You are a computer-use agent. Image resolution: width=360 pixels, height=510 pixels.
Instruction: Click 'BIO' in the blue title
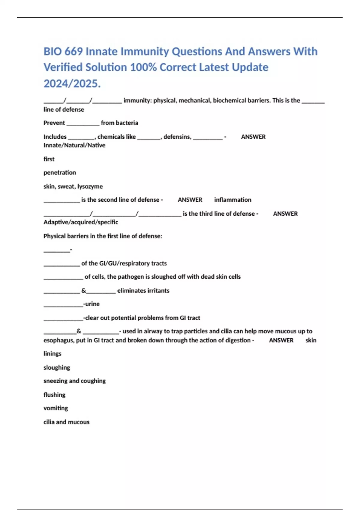(x=53, y=52)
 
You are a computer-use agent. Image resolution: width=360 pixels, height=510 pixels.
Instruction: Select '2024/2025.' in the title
(x=72, y=84)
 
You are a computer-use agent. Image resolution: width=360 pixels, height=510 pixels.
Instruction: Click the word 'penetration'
(x=60, y=172)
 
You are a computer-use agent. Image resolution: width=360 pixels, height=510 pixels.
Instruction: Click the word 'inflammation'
(x=232, y=200)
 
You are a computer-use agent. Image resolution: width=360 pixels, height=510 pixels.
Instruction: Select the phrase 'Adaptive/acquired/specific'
(x=81, y=222)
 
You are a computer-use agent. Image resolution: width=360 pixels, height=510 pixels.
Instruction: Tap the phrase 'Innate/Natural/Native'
(x=74, y=145)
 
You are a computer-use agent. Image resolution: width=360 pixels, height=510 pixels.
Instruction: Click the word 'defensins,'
(x=177, y=137)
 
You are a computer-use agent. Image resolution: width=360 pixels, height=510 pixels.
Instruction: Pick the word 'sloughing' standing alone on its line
(x=57, y=367)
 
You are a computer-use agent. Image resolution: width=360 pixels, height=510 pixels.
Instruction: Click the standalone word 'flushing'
(x=54, y=395)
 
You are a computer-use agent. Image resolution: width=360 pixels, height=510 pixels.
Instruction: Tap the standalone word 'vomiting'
(x=55, y=408)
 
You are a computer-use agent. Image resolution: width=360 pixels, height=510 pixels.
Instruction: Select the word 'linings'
(x=52, y=354)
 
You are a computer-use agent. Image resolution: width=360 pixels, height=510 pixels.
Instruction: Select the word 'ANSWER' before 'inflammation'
(x=190, y=200)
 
